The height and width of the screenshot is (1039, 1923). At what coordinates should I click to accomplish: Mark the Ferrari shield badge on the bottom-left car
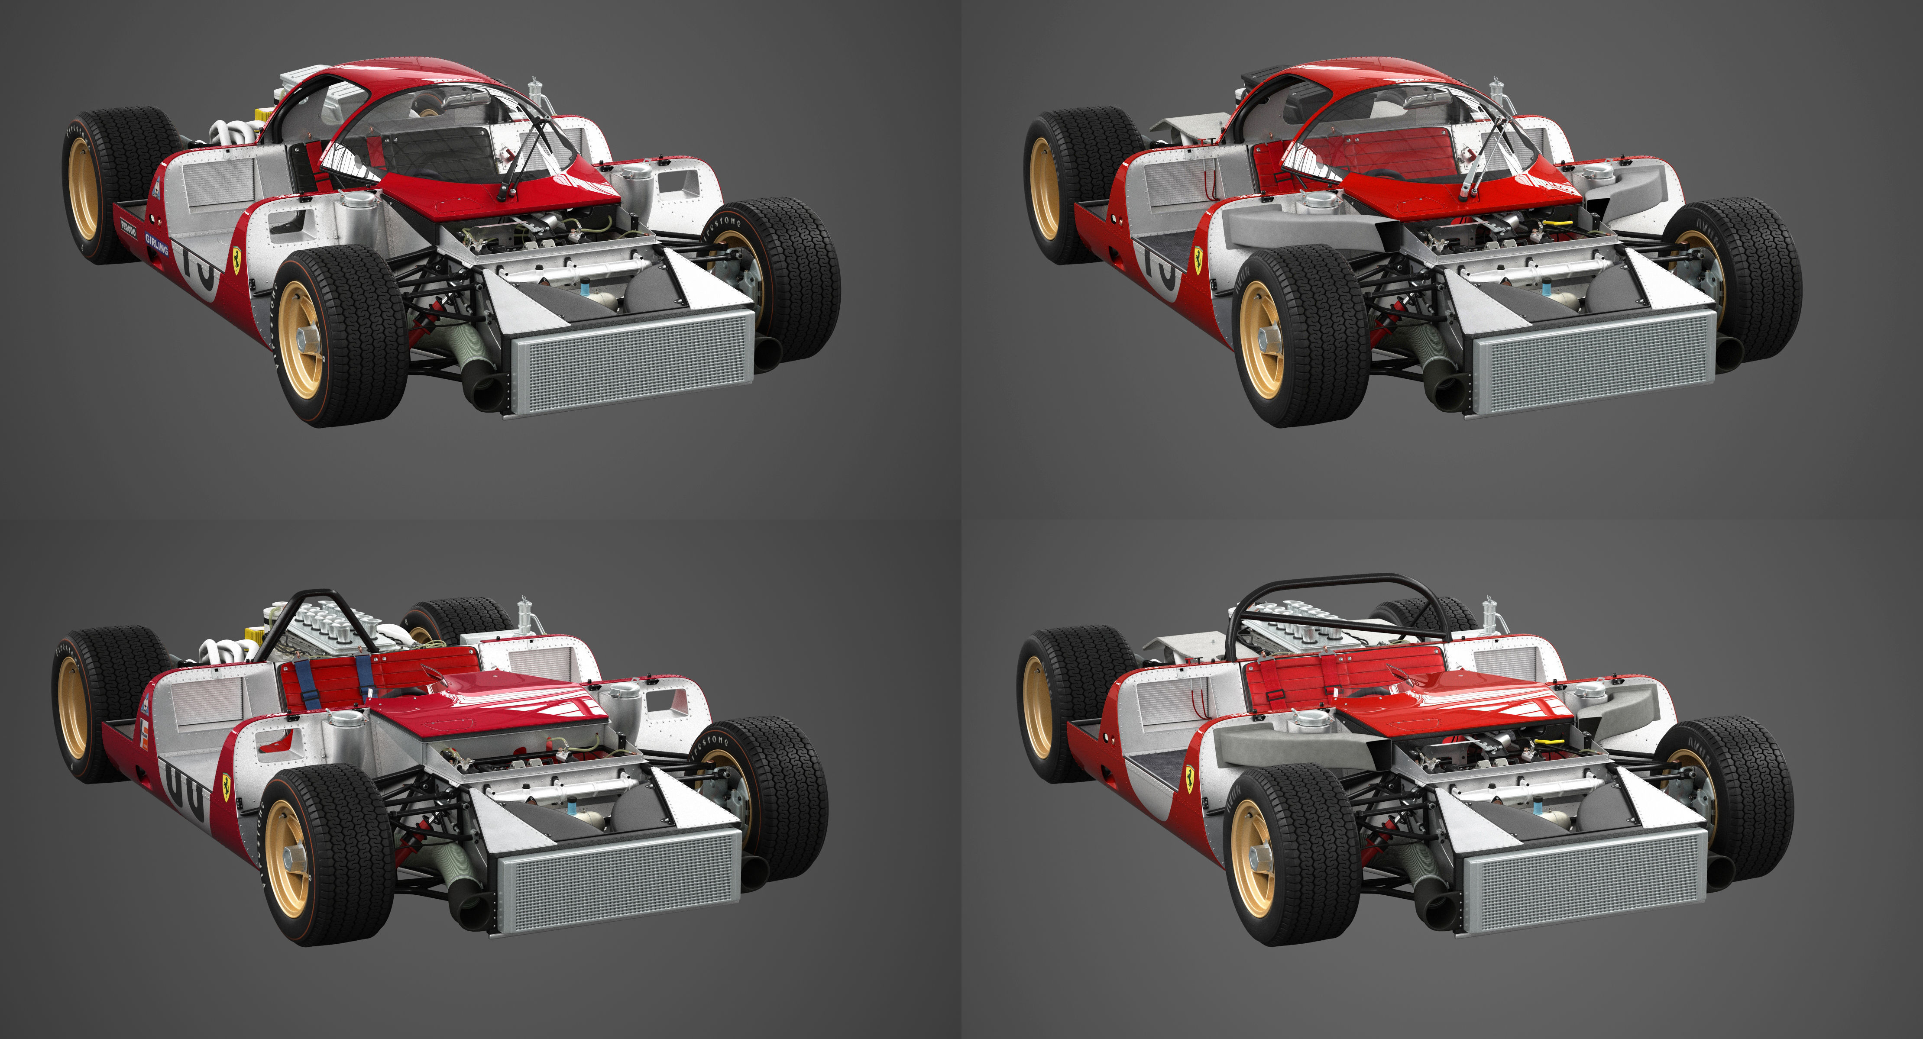225,783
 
